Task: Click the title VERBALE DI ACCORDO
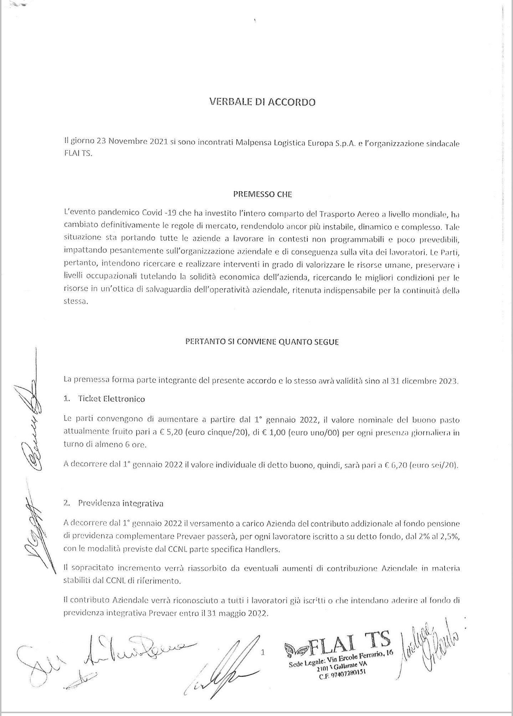tap(262, 103)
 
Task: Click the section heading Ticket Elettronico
tap(111, 399)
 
